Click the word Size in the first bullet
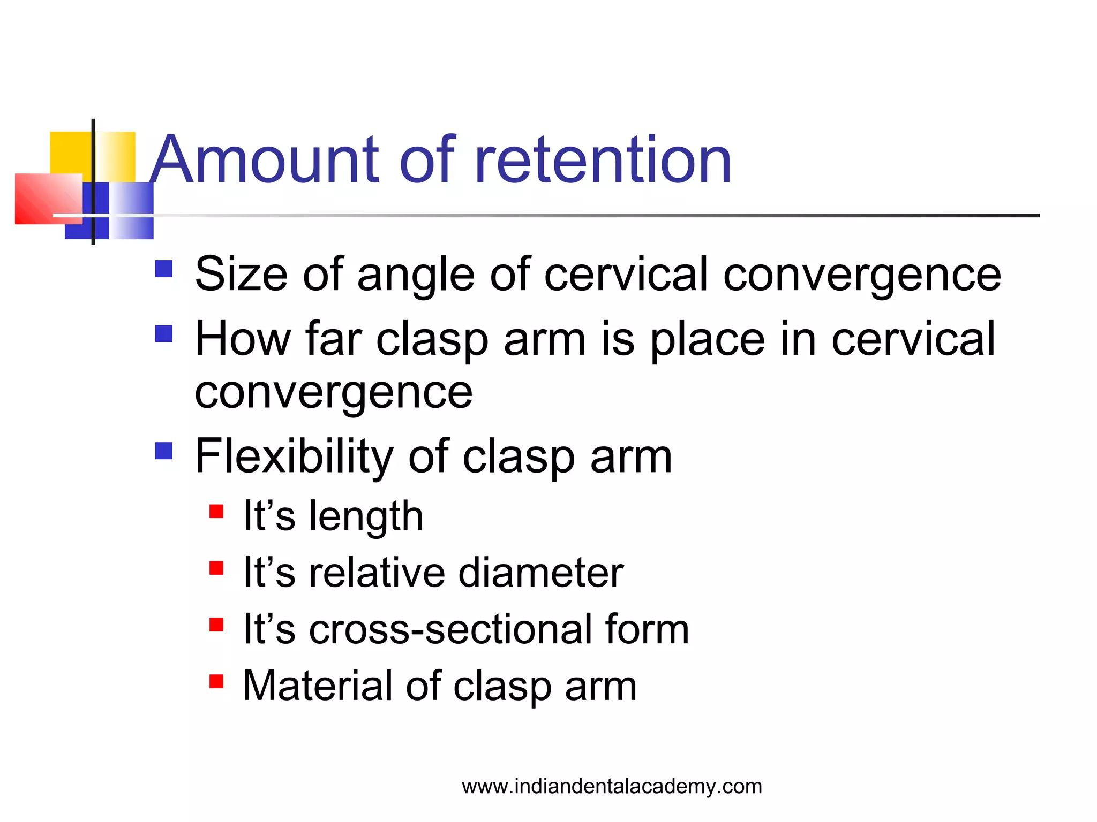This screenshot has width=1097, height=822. (241, 274)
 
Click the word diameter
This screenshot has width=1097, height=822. (541, 573)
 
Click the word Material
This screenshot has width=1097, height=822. (316, 686)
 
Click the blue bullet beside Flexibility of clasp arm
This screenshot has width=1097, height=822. (164, 451)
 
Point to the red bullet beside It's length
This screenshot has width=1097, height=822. (216, 512)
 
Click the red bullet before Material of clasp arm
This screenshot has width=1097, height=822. (216, 681)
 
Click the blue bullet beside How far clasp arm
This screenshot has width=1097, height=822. (164, 333)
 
